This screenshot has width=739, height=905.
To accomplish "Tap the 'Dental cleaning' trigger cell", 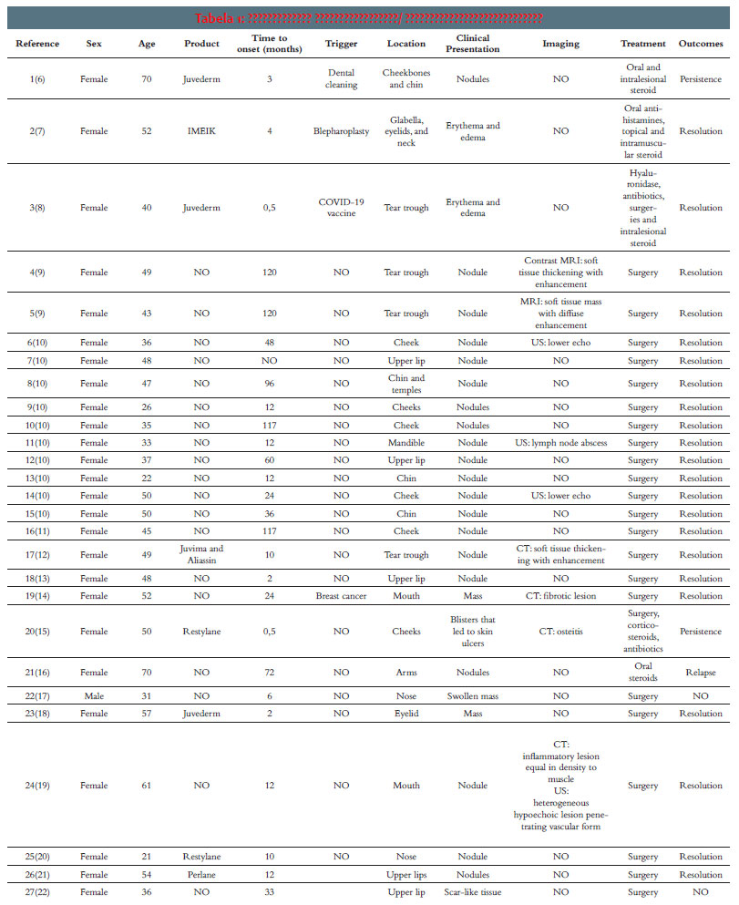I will [x=341, y=79].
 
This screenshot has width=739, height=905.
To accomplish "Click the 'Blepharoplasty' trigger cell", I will [x=341, y=131].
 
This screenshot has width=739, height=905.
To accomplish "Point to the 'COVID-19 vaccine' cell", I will [x=341, y=208].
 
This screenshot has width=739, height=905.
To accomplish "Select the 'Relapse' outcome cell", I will [x=700, y=673].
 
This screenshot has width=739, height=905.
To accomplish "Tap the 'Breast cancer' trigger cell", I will [x=341, y=596].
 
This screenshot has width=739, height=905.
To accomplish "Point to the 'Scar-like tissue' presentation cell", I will [x=472, y=892].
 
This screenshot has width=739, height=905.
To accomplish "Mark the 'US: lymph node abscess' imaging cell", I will [x=560, y=443].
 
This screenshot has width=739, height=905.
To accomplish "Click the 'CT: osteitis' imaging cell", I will [x=560, y=632].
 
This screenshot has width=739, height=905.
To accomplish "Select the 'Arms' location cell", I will [x=405, y=673].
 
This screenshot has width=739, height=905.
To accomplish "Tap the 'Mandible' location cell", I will [x=405, y=443].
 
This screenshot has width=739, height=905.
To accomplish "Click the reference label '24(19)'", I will [x=37, y=786].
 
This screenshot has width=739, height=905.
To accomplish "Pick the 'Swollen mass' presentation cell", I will [x=472, y=696].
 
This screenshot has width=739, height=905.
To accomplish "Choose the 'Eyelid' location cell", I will [x=405, y=714].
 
